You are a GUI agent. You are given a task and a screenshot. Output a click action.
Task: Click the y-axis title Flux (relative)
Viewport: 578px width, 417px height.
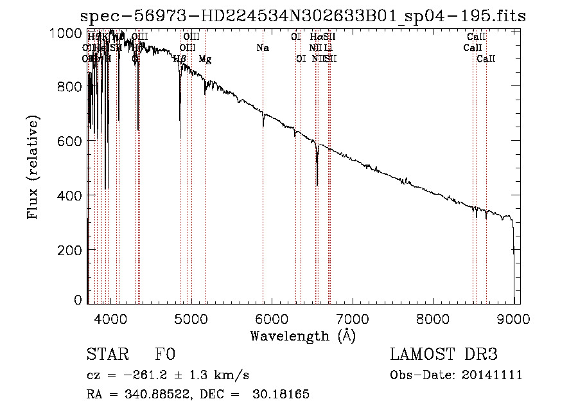[x=33, y=167]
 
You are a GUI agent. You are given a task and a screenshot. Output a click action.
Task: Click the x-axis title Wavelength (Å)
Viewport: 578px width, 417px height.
[x=302, y=335]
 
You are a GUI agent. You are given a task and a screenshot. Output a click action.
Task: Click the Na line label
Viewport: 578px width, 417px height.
[x=262, y=48]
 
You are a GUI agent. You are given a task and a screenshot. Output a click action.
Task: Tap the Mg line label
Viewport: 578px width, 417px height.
[x=205, y=59]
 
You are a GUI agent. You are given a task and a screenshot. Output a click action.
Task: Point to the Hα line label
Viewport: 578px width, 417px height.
[x=315, y=37]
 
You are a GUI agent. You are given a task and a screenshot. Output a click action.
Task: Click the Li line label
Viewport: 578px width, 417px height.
[x=328, y=48]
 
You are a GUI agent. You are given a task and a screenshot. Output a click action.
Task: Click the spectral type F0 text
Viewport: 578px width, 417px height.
[x=166, y=355]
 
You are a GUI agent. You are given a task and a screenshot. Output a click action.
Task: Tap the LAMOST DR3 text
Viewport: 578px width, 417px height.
[x=443, y=355]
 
